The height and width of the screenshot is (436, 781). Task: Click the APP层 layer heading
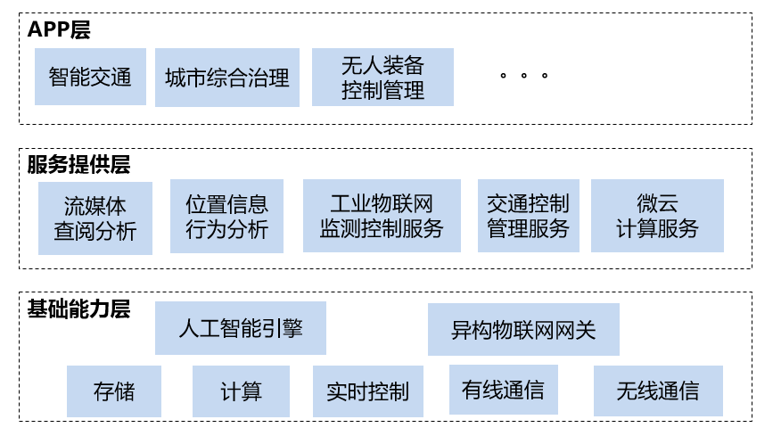click(x=59, y=29)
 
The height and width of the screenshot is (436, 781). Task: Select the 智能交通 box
click(x=90, y=77)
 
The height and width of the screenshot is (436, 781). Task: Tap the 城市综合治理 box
click(x=227, y=78)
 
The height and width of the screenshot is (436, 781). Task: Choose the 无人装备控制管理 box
click(x=382, y=78)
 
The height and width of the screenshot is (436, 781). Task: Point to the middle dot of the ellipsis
click(x=523, y=77)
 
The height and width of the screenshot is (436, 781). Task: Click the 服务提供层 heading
click(x=78, y=165)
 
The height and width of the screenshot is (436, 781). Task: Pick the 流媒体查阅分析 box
click(x=95, y=218)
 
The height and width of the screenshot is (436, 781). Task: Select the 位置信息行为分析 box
click(x=226, y=216)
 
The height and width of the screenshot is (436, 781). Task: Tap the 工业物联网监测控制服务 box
click(x=382, y=216)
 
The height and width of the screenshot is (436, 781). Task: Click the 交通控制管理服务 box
click(x=528, y=216)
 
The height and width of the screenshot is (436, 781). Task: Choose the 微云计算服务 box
click(x=657, y=216)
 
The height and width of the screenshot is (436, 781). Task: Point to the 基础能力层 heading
click(x=78, y=309)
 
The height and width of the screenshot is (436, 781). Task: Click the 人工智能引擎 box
click(x=241, y=328)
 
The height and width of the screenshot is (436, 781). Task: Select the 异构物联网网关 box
click(x=523, y=330)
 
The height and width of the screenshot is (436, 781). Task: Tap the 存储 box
click(x=114, y=391)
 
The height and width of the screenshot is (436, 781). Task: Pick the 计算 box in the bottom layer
click(x=241, y=391)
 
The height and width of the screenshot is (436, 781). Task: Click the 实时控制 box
click(x=367, y=391)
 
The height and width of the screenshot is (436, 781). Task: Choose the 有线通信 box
click(x=503, y=390)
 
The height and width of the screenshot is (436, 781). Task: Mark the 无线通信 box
click(x=657, y=391)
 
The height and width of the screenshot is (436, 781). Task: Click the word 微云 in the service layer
click(x=657, y=203)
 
